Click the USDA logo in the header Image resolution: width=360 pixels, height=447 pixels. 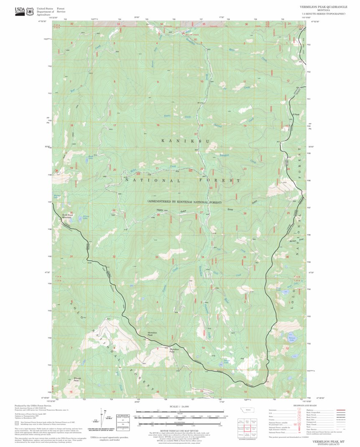[x=20, y=11]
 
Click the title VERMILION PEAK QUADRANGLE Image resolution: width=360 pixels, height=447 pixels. [x=323, y=7]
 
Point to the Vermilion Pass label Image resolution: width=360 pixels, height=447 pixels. [x=174, y=350]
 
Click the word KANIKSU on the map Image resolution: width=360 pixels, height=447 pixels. [x=185, y=141]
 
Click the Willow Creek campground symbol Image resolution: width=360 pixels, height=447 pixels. [x=183, y=33]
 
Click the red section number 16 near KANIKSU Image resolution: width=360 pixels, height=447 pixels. [x=158, y=125]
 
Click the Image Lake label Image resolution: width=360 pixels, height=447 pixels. [x=226, y=361]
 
